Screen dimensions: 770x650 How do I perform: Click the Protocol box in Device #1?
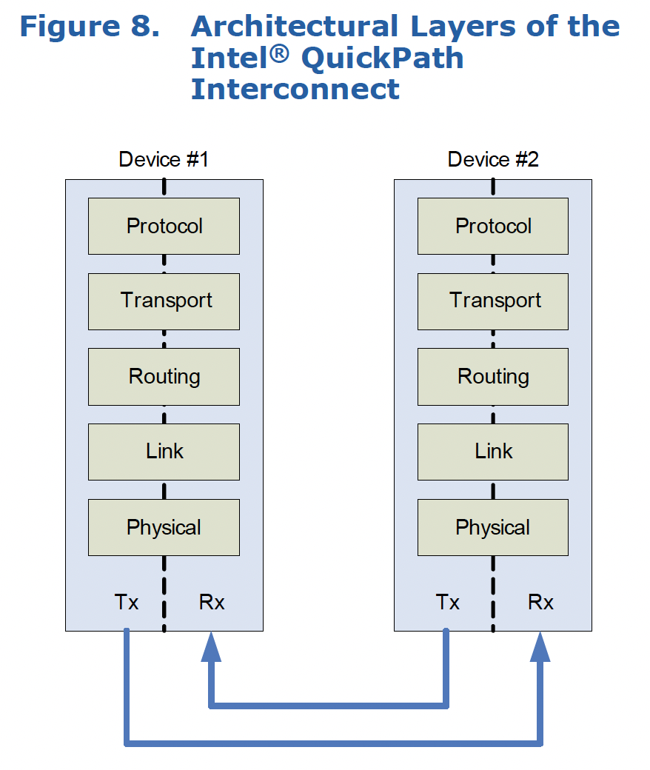pyautogui.click(x=164, y=226)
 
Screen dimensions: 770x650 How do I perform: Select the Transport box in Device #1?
pyautogui.click(x=164, y=301)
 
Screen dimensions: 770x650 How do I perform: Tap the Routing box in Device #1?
pyautogui.click(x=164, y=376)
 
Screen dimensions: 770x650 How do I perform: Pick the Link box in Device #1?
pyautogui.click(x=164, y=452)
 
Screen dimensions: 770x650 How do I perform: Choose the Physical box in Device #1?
pyautogui.click(x=164, y=527)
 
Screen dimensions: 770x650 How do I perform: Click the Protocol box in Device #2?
pyautogui.click(x=493, y=226)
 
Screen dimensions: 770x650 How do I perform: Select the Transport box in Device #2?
pyautogui.click(x=493, y=301)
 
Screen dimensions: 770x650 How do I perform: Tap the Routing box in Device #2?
pyautogui.click(x=493, y=376)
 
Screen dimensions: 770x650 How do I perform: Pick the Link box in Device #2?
pyautogui.click(x=493, y=452)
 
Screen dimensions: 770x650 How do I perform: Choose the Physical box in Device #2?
pyautogui.click(x=493, y=527)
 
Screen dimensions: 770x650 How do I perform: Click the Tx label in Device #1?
pyautogui.click(x=127, y=602)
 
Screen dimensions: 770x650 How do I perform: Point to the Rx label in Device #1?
pyautogui.click(x=212, y=602)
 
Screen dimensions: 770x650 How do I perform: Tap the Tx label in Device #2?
pyautogui.click(x=448, y=602)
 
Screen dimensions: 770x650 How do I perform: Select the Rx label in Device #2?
pyautogui.click(x=540, y=602)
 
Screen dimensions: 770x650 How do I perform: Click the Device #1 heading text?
pyautogui.click(x=164, y=159)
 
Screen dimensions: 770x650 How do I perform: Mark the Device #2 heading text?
pyautogui.click(x=493, y=159)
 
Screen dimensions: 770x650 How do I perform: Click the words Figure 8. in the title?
pyautogui.click(x=90, y=26)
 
